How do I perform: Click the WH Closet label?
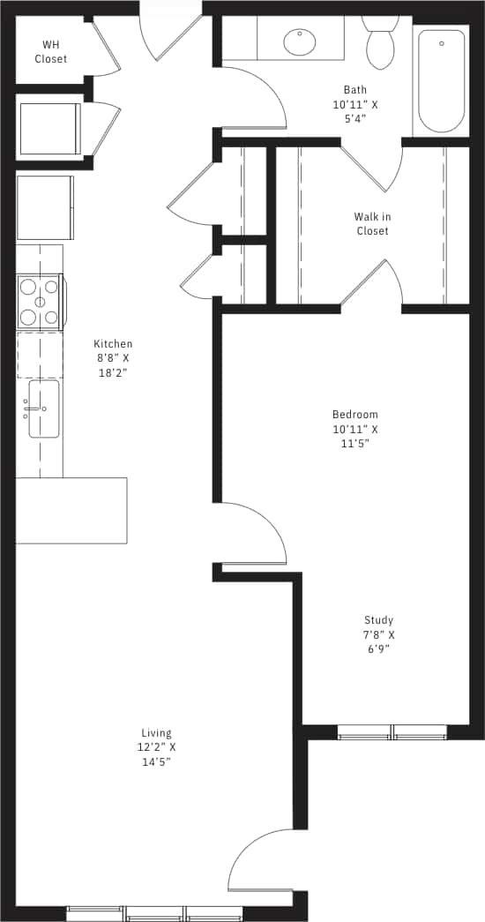tap(51, 52)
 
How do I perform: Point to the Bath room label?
tap(355, 90)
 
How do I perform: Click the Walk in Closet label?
tap(372, 224)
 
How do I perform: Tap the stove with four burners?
tap(40, 302)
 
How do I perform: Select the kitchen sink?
tap(43, 409)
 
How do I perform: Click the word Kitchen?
tap(114, 344)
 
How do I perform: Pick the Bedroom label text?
tap(354, 415)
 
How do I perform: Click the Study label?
tap(379, 620)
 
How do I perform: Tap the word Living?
tap(156, 733)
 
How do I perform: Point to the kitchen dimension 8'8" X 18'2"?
tap(114, 366)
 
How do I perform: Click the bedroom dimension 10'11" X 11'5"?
tap(354, 437)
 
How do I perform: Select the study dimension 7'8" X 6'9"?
tap(379, 641)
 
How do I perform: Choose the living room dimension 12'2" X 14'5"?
tap(156, 754)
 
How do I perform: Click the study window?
tap(392, 731)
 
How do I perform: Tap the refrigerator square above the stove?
tap(45, 207)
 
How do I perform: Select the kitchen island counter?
tap(71, 510)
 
